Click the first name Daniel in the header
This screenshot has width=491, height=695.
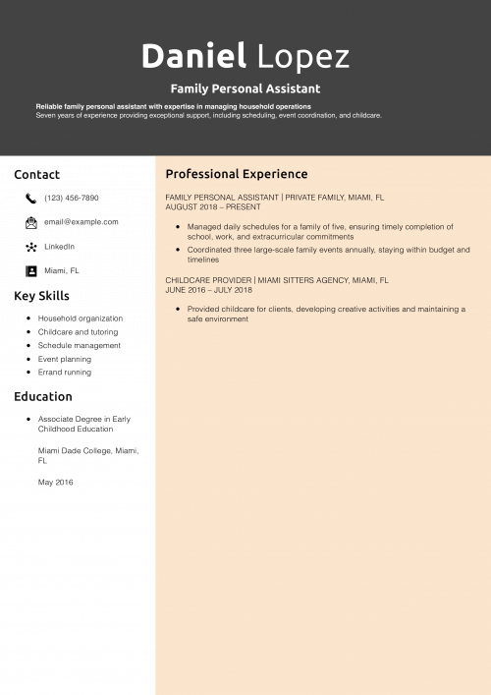pos(192,56)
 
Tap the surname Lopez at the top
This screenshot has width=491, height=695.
pos(303,57)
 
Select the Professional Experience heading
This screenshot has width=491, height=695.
pos(236,174)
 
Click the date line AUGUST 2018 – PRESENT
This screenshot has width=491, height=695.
pos(213,207)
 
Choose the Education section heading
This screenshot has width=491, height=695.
pos(43,397)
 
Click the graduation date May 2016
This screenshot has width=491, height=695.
pos(56,482)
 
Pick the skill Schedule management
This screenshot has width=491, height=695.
pos(80,346)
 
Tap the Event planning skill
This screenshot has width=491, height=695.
pos(65,360)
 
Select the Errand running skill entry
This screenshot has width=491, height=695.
pos(65,373)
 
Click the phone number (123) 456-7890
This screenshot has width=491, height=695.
pos(71,198)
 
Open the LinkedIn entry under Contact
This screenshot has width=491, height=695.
pos(59,246)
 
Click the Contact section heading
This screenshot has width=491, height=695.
pos(36,174)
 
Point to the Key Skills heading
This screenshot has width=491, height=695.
pos(42,295)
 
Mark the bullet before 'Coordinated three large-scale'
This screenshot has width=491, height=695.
pos(177,250)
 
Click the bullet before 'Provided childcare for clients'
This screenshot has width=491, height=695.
pos(177,309)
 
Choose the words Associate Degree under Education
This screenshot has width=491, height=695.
pos(68,419)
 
